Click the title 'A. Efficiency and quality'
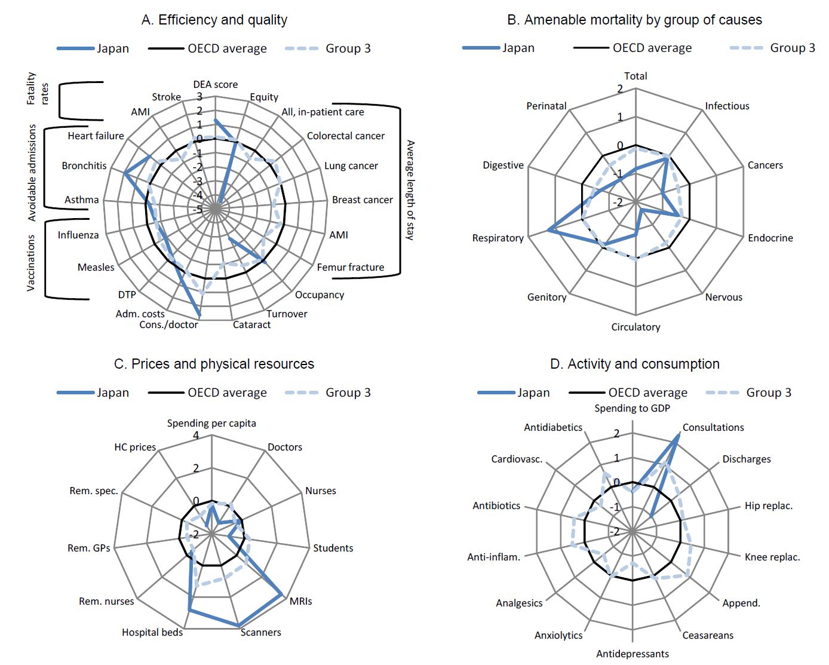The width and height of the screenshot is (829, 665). click(x=214, y=20)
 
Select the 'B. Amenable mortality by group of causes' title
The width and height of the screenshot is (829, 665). click(x=634, y=20)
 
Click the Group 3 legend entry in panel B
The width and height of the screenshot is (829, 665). click(x=773, y=48)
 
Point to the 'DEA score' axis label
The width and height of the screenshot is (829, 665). click(x=215, y=84)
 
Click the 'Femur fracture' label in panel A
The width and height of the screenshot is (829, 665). click(x=350, y=267)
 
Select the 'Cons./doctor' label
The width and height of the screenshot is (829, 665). click(x=168, y=324)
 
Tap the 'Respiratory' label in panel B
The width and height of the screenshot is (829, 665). click(x=498, y=238)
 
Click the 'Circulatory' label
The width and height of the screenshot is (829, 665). click(x=635, y=327)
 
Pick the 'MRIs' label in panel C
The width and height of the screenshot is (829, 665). click(x=300, y=601)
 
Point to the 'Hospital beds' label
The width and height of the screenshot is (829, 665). click(x=152, y=632)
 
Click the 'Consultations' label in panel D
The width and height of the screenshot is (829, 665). click(x=713, y=427)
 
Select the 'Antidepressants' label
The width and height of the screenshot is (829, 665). click(x=633, y=654)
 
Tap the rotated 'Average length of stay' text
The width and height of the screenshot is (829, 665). click(x=410, y=190)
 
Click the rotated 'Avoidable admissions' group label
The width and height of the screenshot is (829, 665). click(x=32, y=173)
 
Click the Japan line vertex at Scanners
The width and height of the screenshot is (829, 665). click(x=240, y=625)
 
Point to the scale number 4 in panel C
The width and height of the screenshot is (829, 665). click(x=196, y=436)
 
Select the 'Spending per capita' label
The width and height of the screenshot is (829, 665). click(x=211, y=423)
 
